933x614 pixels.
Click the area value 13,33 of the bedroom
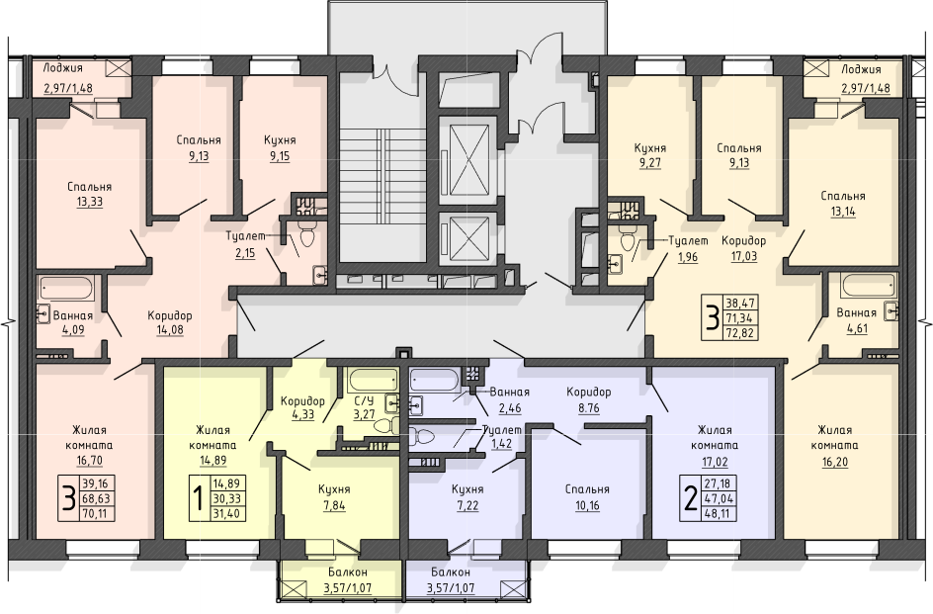point(89,202)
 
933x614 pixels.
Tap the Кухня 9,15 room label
point(280,148)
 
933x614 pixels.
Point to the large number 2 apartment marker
point(690,499)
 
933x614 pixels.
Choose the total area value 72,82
point(739,332)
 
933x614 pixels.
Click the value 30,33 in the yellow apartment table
point(226,498)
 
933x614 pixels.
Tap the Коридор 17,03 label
point(744,249)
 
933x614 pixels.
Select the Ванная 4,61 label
point(856,320)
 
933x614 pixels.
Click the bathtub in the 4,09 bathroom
point(66,290)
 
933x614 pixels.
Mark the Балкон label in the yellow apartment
point(348,572)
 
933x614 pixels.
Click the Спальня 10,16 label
point(587,497)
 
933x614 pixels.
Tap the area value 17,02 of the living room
point(714,461)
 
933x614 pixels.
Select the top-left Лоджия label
point(62,68)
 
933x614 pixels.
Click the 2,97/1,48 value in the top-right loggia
point(865,89)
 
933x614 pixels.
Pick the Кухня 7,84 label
point(334,497)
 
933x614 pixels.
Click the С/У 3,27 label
point(364,406)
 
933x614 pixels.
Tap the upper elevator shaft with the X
point(468,159)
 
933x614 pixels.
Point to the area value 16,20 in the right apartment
point(835,461)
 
